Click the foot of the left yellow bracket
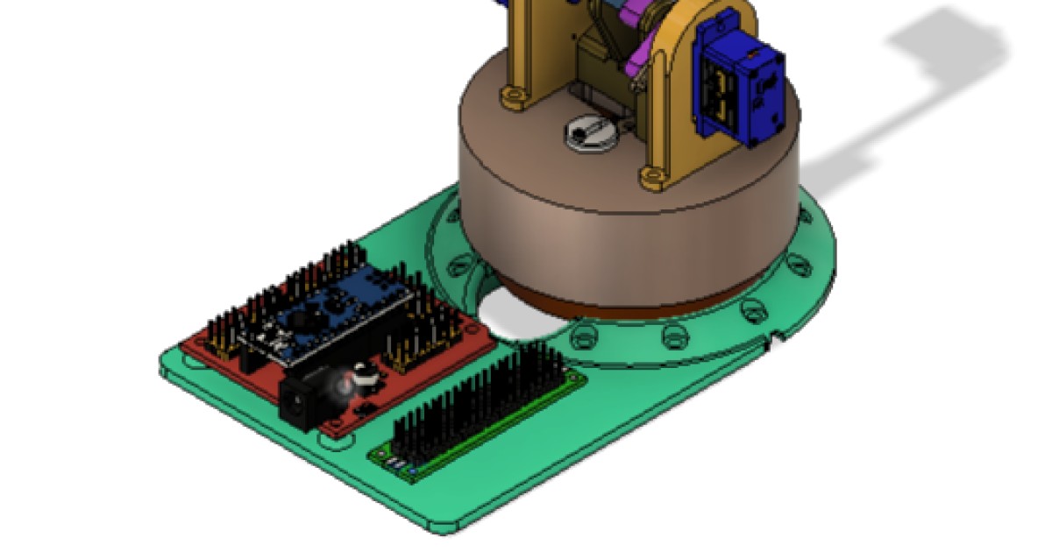click(x=514, y=96)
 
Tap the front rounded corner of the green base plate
click(x=443, y=523)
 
